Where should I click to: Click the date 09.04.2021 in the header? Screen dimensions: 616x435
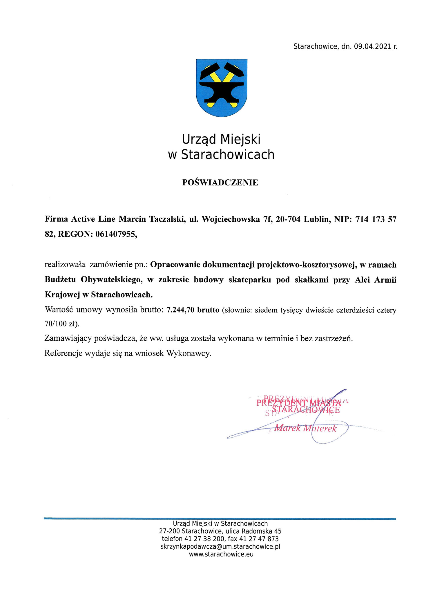(x=372, y=47)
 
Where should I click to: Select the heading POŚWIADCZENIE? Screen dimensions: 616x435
(x=220, y=183)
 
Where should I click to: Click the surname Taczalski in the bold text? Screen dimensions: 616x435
(x=167, y=219)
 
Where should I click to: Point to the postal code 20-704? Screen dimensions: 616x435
(x=288, y=219)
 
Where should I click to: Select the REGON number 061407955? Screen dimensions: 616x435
(x=116, y=234)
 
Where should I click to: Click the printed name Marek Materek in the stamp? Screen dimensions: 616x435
(x=305, y=428)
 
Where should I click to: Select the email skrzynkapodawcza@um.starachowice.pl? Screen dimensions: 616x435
(x=220, y=547)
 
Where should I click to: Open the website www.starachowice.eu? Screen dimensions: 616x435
(x=221, y=554)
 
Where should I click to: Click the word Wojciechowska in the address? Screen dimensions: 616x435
(x=231, y=219)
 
